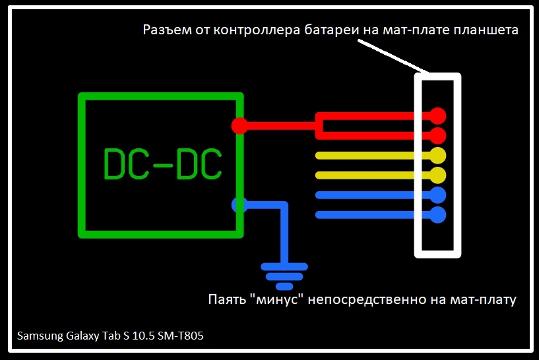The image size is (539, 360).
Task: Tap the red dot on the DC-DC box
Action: pyautogui.click(x=239, y=125)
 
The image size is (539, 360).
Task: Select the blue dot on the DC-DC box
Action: pyautogui.click(x=239, y=204)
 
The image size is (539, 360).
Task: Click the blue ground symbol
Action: pyautogui.click(x=284, y=276)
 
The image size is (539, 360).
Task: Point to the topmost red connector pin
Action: pyautogui.click(x=437, y=116)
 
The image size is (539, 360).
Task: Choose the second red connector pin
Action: pyautogui.click(x=437, y=136)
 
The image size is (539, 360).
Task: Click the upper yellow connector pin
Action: pyautogui.click(x=437, y=156)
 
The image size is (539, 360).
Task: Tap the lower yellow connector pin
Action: pyautogui.click(x=437, y=175)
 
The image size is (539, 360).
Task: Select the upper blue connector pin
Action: pyautogui.click(x=437, y=195)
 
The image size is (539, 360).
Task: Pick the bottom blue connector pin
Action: pyautogui.click(x=437, y=214)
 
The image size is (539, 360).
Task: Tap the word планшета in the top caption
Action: pyautogui.click(x=486, y=31)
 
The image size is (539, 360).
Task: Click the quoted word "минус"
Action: pyautogui.click(x=278, y=299)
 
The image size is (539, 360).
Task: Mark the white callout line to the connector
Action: pyautogui.click(x=393, y=56)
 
